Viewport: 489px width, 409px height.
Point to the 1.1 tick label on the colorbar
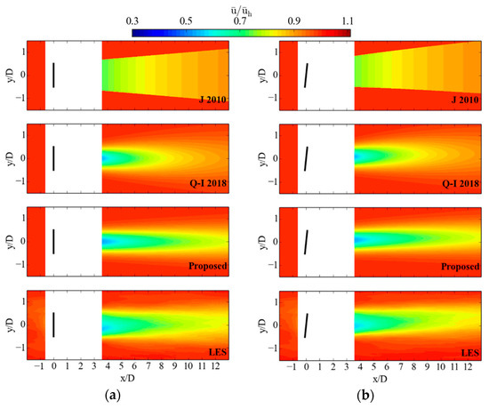(348, 20)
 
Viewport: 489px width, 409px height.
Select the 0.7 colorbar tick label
(240, 20)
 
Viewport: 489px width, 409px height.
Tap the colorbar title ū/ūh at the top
(241, 7)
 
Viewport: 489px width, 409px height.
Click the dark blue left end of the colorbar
(135, 32)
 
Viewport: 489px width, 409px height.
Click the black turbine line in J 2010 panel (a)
(53, 75)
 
